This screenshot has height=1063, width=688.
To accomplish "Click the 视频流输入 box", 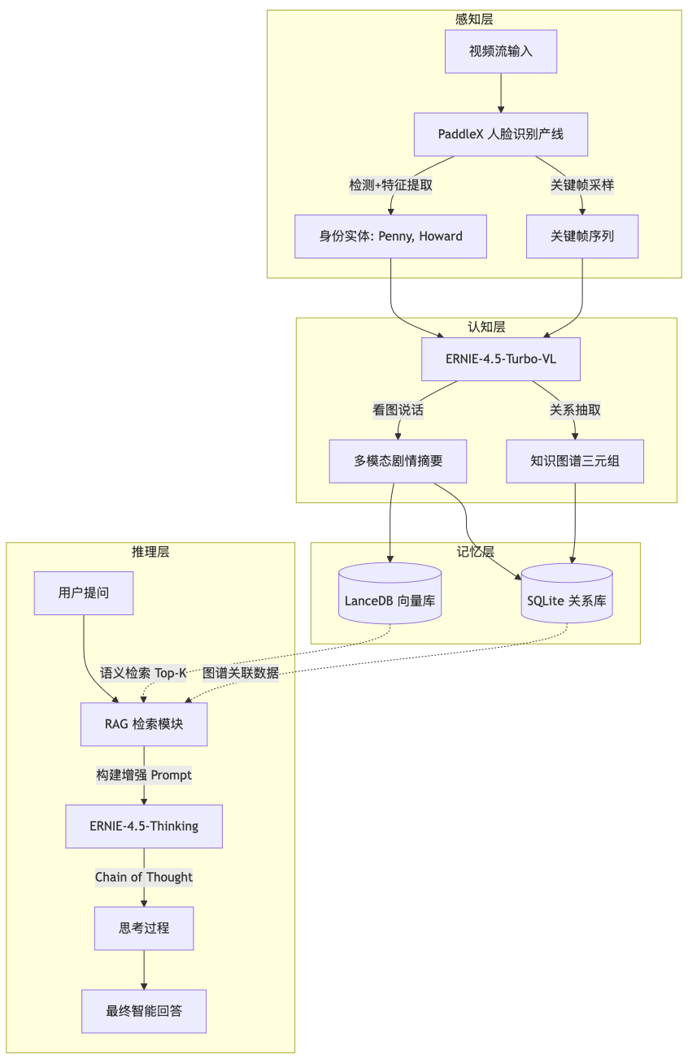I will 500,51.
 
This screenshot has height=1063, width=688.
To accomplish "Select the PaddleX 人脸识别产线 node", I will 500,134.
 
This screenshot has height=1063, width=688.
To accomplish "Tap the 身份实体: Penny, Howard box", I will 390,236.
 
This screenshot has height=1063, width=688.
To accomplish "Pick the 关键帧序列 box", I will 582,236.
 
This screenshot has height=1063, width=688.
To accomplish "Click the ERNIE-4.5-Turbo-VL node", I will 500,359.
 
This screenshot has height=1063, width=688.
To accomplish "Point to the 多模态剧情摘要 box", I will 398,461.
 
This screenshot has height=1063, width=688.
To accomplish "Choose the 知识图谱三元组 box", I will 575,461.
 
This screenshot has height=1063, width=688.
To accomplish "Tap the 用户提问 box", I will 84,593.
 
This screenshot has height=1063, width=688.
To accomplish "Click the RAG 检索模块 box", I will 144,723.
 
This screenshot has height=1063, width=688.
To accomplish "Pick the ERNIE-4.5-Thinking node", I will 144,826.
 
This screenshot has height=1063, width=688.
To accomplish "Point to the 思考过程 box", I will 144,928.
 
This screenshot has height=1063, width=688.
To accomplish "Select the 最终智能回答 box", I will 144,1011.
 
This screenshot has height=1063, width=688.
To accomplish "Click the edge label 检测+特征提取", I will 390,185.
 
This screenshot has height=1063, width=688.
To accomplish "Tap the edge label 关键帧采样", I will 582,185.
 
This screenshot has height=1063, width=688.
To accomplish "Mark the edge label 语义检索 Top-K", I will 143,673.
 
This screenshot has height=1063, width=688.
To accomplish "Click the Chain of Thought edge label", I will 144,877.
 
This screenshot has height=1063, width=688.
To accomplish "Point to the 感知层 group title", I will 474,19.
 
